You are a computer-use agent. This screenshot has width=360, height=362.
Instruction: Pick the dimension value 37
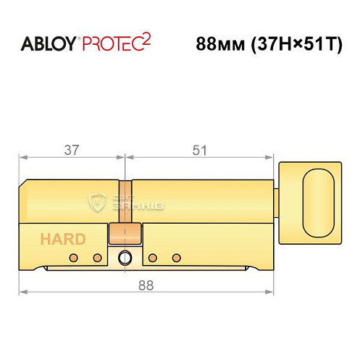click(72, 150)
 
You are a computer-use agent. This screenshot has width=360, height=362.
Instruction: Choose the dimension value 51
click(200, 150)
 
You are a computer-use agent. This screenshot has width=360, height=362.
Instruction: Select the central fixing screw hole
click(127, 258)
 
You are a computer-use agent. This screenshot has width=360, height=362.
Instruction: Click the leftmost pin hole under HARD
click(72, 258)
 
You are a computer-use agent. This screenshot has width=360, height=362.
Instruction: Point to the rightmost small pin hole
click(175, 258)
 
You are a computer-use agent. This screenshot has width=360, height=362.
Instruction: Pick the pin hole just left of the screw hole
click(97, 258)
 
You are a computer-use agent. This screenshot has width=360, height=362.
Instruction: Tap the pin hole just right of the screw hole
click(152, 258)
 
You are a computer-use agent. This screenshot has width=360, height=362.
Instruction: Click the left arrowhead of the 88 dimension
click(23, 292)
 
